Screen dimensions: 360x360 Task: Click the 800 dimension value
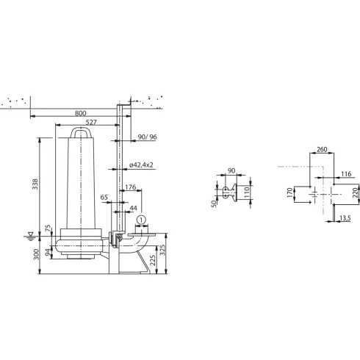pos(80,114)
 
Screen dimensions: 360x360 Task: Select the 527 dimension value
pos(92,123)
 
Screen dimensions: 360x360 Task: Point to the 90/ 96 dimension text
pos(148,137)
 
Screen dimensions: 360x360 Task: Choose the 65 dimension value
pos(104,199)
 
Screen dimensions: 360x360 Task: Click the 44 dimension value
pos(132,209)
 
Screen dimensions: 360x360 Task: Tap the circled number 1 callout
pos(142,218)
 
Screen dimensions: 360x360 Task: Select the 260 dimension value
pos(321,150)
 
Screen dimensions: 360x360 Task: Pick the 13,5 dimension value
pos(345,217)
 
